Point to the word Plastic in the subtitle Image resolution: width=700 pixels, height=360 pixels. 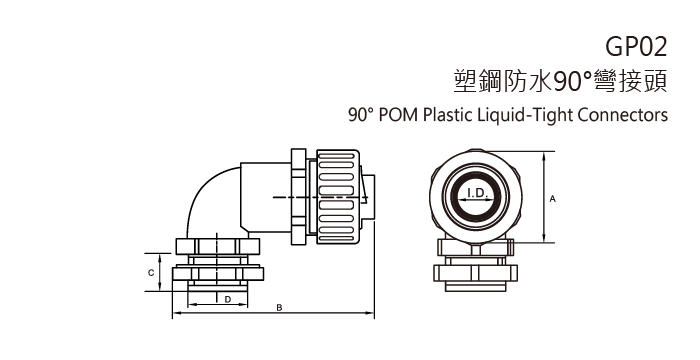(442, 114)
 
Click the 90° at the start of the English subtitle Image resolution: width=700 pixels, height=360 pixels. (359, 114)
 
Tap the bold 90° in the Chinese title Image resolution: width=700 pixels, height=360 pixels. (547, 80)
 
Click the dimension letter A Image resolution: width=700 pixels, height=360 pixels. (552, 199)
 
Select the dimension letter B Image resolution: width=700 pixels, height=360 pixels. (279, 308)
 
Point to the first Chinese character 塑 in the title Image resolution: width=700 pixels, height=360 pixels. (465, 80)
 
